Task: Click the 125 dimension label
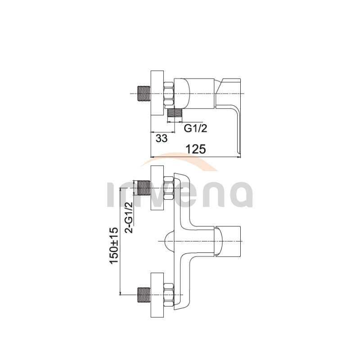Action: coord(196,149)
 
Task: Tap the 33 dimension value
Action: coord(162,139)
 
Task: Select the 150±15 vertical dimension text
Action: coord(114,245)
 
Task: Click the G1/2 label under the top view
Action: coord(195,128)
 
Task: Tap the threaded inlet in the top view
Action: coord(144,94)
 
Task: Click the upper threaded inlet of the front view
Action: coord(144,188)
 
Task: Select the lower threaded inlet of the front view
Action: coord(144,295)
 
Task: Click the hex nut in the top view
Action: coord(169,94)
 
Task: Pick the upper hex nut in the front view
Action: coord(169,188)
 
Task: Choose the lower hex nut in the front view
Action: coord(169,295)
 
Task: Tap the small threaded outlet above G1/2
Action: coord(175,113)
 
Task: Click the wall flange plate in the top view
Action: coord(157,94)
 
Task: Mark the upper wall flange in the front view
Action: coord(157,188)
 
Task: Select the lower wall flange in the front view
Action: coord(157,295)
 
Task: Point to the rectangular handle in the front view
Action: coord(228,241)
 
